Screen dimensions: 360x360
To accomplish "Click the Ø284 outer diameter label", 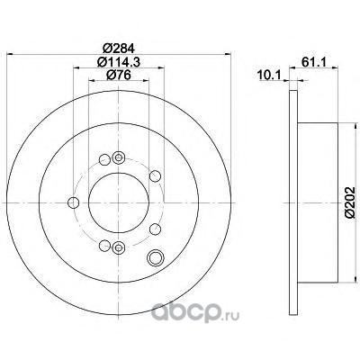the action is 118,48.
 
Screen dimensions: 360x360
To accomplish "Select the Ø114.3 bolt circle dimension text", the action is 119,62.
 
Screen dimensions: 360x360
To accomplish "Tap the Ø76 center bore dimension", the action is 119,75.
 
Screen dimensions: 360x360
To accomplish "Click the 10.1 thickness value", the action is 268,75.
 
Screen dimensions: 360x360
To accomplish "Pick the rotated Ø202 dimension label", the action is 349,202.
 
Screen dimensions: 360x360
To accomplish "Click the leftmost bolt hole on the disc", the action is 73,202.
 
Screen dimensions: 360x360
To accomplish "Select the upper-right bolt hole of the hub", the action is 155,175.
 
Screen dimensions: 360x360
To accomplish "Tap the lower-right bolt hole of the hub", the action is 156,229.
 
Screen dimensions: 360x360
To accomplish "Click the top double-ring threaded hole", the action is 119,157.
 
